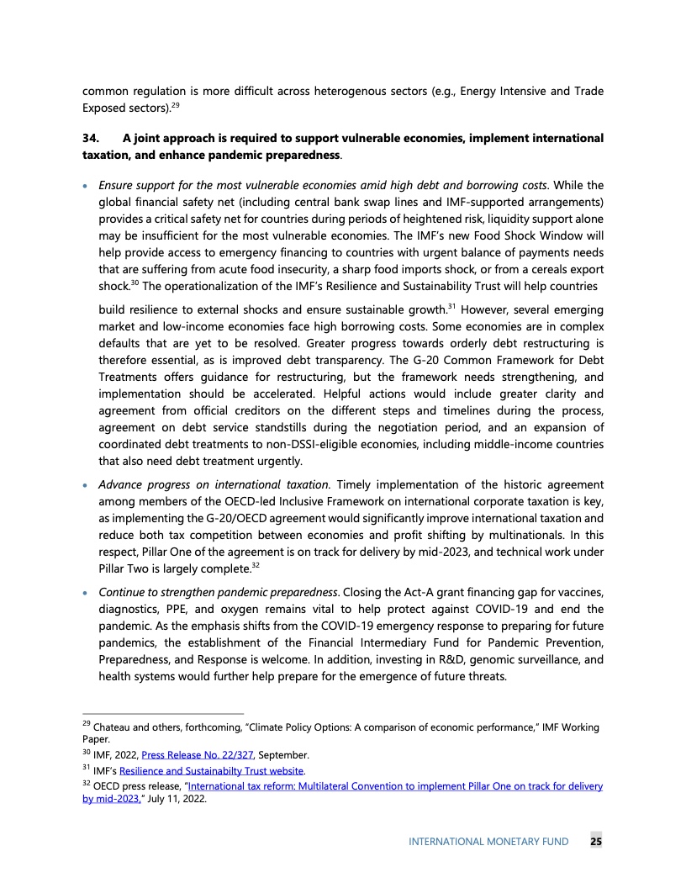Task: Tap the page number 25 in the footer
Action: pyautogui.click(x=595, y=841)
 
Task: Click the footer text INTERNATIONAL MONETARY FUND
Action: pyautogui.click(x=488, y=841)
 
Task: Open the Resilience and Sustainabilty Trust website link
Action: pyautogui.click(x=212, y=770)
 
